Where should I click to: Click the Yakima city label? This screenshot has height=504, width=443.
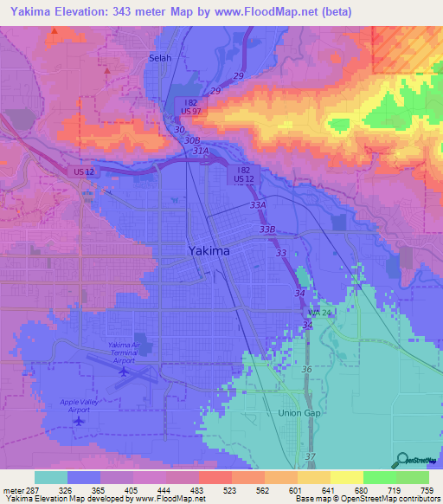[x=209, y=250]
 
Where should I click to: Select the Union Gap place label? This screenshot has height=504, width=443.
[x=299, y=413]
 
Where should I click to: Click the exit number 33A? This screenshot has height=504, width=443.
[x=257, y=206]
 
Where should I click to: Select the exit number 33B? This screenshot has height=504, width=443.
[x=267, y=229]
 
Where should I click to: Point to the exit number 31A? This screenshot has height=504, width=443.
[x=200, y=151]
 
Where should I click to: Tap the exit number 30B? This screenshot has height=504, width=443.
[x=192, y=139]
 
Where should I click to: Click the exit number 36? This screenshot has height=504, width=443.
[x=305, y=370]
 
